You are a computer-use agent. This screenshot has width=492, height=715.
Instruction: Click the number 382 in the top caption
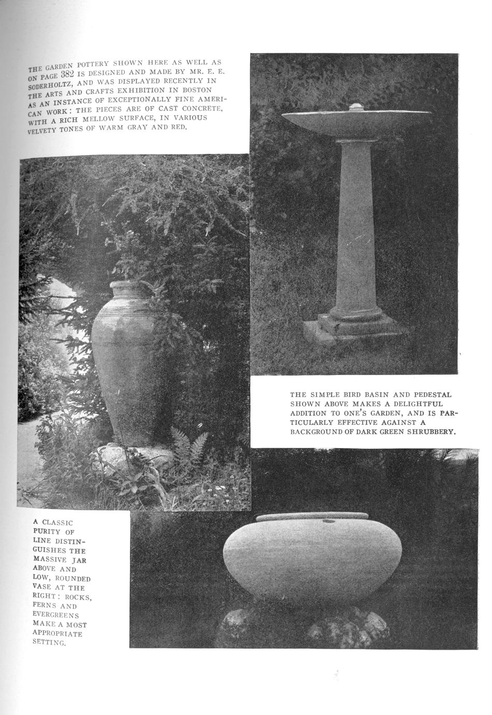click(68, 75)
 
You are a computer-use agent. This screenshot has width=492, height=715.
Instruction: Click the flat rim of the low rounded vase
click(312, 517)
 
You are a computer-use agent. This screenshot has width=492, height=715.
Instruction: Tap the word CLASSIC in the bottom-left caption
click(57, 522)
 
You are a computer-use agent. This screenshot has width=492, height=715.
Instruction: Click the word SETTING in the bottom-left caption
click(49, 642)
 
